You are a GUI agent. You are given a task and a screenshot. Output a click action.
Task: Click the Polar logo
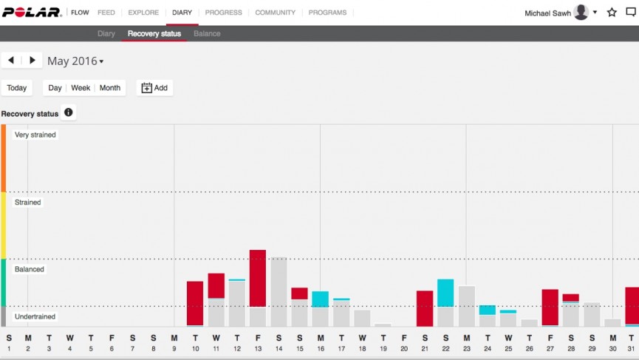33,13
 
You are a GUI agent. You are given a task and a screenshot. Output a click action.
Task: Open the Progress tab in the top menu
223,13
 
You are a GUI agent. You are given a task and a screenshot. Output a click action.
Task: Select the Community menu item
275,13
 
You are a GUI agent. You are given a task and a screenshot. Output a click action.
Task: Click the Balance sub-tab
207,33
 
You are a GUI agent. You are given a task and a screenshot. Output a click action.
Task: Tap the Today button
17,88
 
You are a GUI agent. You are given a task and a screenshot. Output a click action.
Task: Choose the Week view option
81,88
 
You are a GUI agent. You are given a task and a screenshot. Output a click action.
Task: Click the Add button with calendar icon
154,88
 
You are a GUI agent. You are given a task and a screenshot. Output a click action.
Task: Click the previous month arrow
11,61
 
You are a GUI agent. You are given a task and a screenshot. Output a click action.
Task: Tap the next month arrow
33,61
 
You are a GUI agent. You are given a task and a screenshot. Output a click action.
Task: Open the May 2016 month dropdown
75,61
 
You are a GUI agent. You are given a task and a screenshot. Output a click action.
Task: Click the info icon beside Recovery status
69,112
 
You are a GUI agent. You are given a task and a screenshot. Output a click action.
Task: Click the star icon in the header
612,13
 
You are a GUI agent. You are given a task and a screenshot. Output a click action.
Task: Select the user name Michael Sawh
547,13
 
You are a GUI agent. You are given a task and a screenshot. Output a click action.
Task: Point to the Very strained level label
35,135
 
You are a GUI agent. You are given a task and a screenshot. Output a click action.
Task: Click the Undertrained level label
35,316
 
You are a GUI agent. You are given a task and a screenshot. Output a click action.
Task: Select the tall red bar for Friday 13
258,278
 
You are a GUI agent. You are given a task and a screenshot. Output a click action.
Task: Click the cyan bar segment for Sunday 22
445,293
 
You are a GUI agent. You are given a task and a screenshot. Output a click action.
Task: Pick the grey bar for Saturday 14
279,291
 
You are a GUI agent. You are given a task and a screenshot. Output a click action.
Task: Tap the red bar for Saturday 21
425,308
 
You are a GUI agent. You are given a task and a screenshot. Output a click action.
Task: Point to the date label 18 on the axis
362,349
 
